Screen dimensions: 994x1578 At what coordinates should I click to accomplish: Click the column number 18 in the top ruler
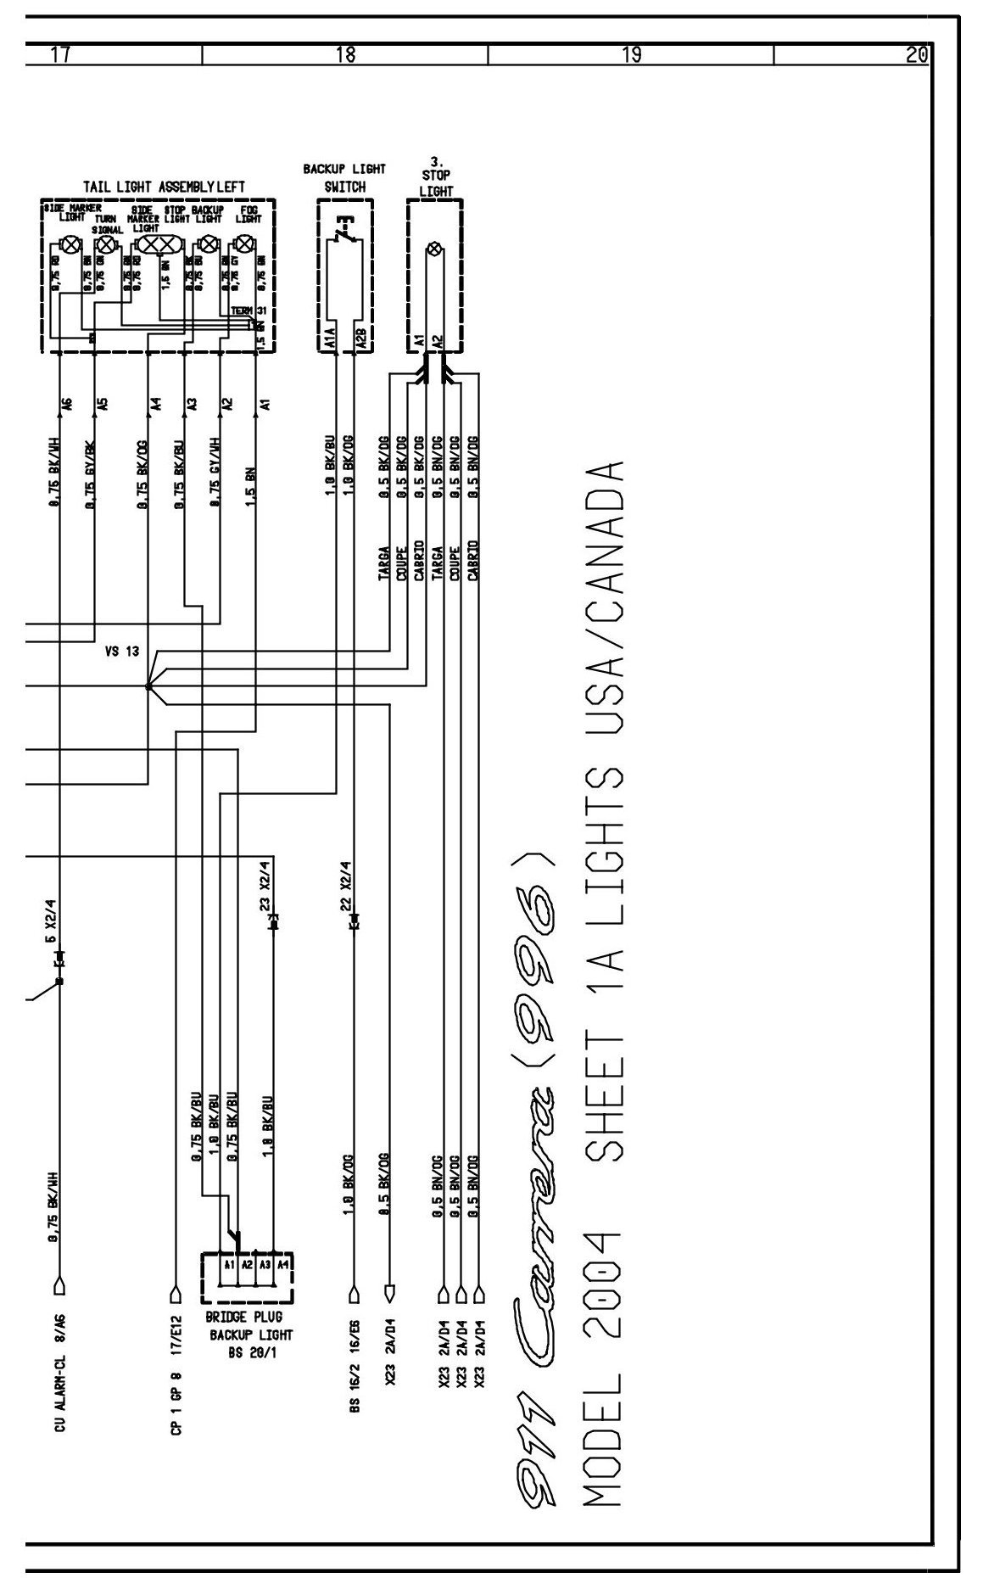(x=345, y=55)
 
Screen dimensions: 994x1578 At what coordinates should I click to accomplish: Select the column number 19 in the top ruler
(x=630, y=55)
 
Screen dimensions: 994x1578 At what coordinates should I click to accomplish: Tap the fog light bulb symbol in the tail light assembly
(x=244, y=245)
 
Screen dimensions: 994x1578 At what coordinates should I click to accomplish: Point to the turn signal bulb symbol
(x=105, y=246)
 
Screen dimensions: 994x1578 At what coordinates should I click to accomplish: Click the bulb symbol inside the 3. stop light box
(x=434, y=249)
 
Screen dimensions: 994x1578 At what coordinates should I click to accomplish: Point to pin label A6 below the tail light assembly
(x=66, y=406)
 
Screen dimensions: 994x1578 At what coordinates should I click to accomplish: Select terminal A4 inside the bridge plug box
(x=282, y=1264)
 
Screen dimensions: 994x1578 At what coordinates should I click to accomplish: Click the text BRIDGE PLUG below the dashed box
(x=243, y=1318)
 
